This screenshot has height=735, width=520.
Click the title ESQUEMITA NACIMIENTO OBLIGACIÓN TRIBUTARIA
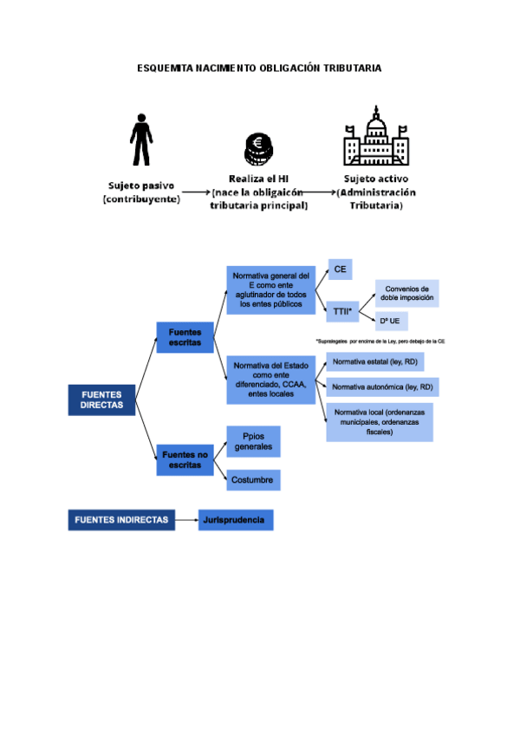pos(259,68)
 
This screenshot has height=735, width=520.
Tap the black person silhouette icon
pos(140,140)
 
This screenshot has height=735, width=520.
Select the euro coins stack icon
pos(257,149)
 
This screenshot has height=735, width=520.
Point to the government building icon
pos(375,137)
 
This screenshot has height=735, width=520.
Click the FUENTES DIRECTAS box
pos(101,400)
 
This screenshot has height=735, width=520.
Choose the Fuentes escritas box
pos(185,338)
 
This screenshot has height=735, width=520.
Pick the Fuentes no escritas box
pos(185,459)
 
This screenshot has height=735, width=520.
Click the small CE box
pos(340,270)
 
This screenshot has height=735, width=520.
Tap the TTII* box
pos(343,309)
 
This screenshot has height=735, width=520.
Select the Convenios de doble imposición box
pos(406,294)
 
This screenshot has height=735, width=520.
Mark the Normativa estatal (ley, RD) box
pos(374,361)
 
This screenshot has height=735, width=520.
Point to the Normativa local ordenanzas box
pos(380,422)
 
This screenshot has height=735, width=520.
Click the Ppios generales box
pos(253,442)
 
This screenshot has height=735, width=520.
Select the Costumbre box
pos(253,479)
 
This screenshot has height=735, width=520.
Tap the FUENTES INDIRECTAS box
pos(120,520)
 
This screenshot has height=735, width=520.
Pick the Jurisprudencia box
pos(236,520)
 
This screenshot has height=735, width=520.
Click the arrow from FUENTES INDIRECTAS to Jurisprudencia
pos(185,520)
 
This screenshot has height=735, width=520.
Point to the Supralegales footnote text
pos(380,341)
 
